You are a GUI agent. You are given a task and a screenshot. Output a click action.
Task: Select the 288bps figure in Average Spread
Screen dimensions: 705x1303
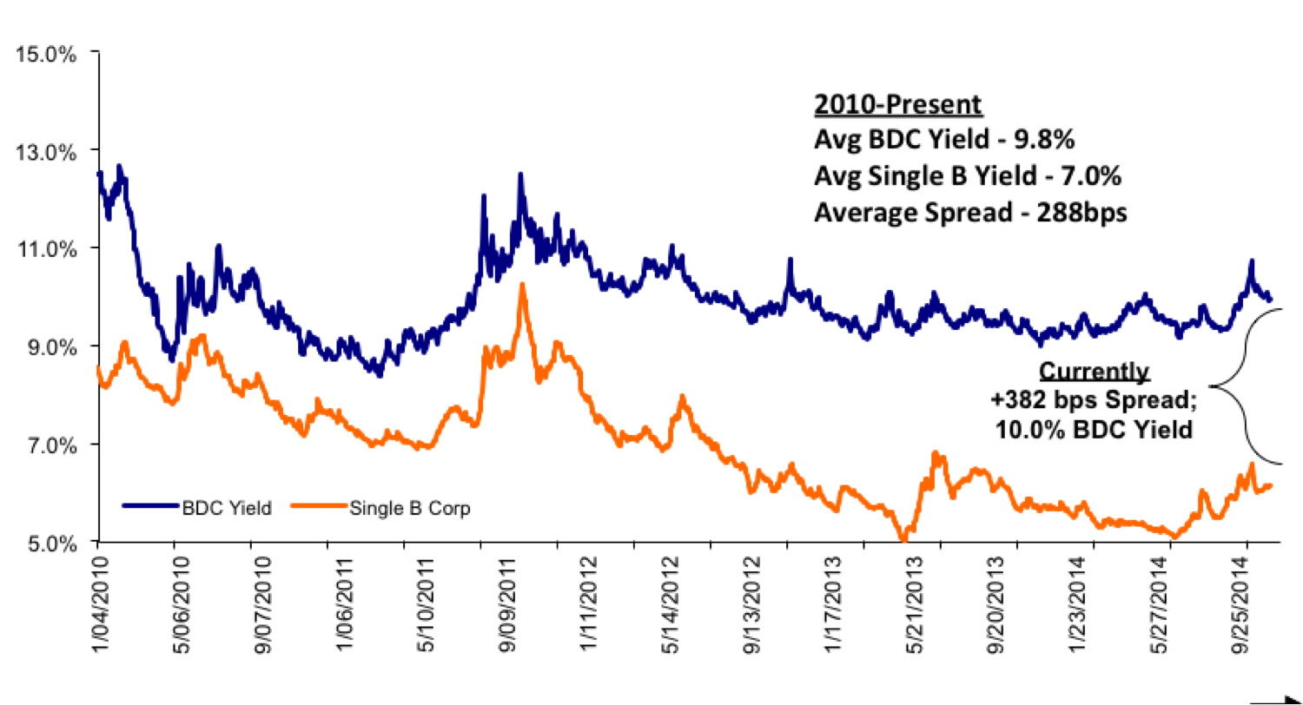point(1087,212)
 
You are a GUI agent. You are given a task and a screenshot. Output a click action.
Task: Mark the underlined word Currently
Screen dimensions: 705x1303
point(1094,372)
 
